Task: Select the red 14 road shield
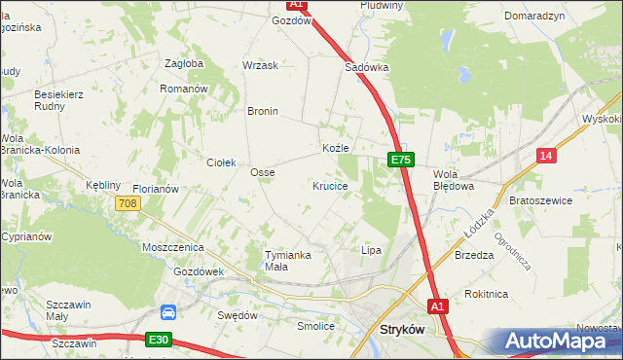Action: tap(546, 156)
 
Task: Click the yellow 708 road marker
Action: tap(127, 203)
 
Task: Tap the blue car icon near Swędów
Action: tap(168, 313)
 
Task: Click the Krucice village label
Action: tap(330, 185)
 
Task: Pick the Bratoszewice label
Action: tap(540, 200)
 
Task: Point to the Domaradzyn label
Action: tap(534, 17)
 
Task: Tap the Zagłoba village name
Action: tap(184, 63)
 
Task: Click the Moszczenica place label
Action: tap(172, 248)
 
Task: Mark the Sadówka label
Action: tap(367, 68)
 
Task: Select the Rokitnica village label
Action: tap(487, 292)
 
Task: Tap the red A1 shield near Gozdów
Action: tap(297, 5)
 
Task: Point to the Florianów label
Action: tap(156, 189)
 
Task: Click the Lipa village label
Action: tap(371, 250)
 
